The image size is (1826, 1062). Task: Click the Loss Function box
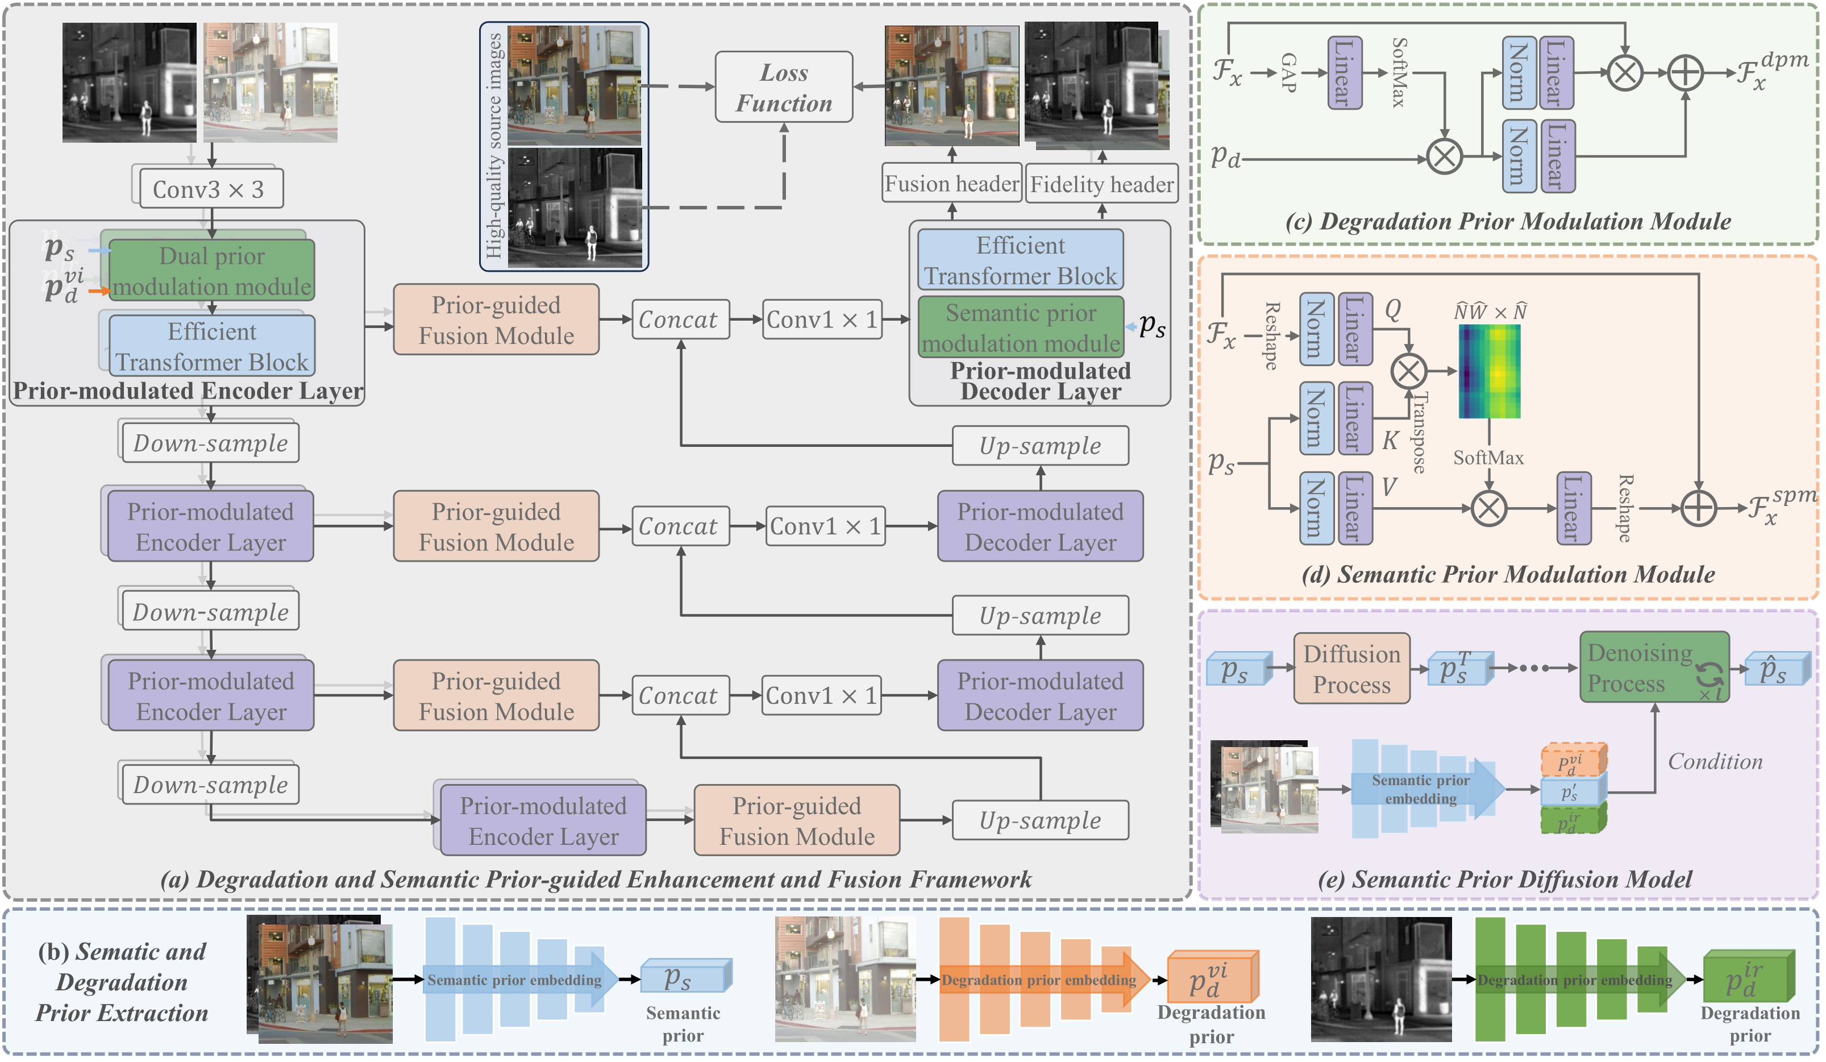(x=783, y=87)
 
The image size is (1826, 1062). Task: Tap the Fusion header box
(x=951, y=184)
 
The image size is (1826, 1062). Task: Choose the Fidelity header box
(x=1101, y=185)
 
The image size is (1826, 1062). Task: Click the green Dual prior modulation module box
(x=211, y=271)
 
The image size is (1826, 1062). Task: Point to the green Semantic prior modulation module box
(x=1020, y=327)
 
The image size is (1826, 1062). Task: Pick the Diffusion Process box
(x=1351, y=669)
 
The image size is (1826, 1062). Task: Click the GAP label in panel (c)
(x=1288, y=73)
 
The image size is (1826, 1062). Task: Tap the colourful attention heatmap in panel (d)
(x=1489, y=372)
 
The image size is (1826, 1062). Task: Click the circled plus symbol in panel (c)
(x=1686, y=73)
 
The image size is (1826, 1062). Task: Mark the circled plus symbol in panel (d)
(x=1698, y=508)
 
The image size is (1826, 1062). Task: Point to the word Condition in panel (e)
(x=1715, y=762)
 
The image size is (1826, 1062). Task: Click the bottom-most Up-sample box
(x=1040, y=820)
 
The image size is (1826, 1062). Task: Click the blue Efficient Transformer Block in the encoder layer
(x=211, y=346)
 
